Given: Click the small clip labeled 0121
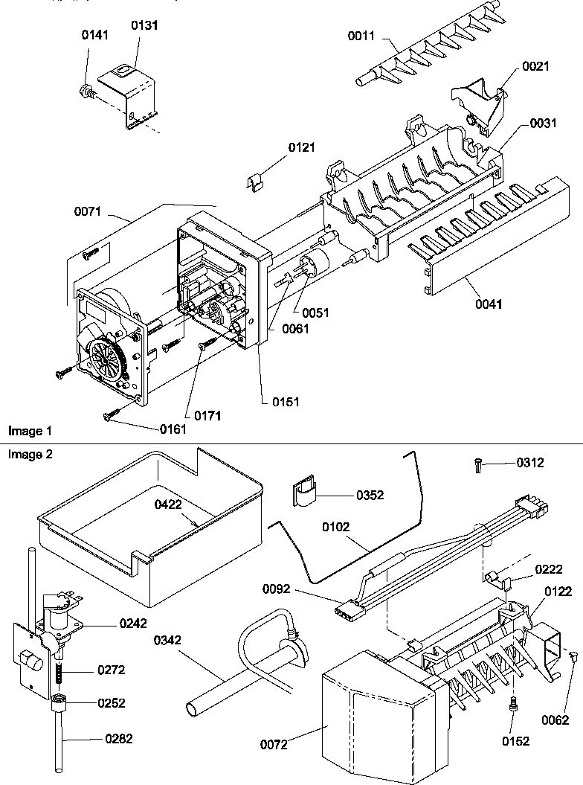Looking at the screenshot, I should pos(256,182).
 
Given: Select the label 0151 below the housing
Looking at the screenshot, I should pos(285,402).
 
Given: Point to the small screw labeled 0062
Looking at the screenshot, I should pos(574,655).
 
